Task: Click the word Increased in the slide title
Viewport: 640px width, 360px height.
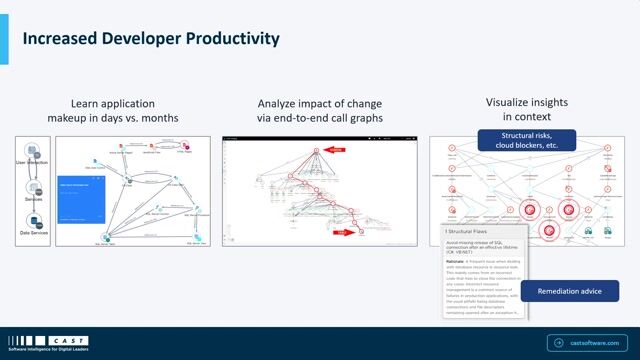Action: coord(62,39)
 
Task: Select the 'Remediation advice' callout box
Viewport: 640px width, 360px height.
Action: coord(568,291)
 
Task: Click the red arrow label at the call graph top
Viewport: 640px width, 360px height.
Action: coord(337,148)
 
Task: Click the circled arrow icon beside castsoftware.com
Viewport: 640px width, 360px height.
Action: coord(557,341)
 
